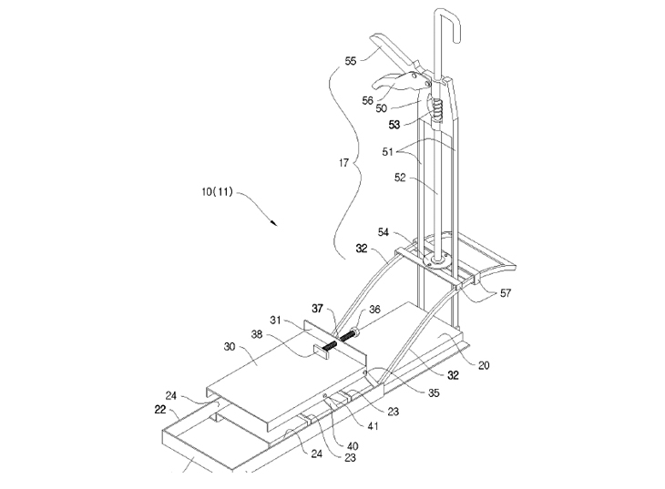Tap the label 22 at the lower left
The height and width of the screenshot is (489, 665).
pyautogui.click(x=160, y=410)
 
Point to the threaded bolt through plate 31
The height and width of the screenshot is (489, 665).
pyautogui.click(x=338, y=338)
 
